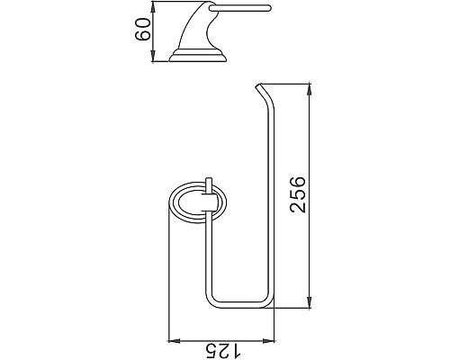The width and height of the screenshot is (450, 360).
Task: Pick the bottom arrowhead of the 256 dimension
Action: click(311, 304)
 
